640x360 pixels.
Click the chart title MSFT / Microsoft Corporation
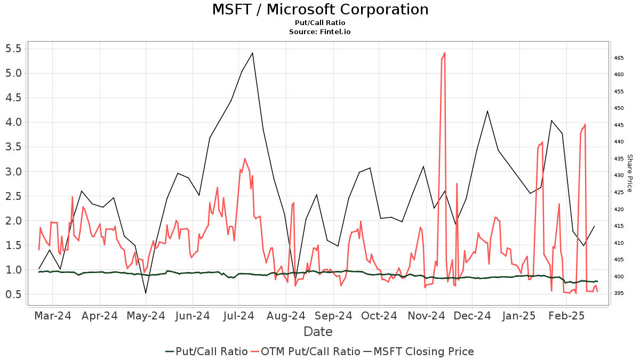click(320, 10)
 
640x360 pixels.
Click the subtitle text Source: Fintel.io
click(320, 32)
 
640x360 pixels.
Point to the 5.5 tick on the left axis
click(13, 49)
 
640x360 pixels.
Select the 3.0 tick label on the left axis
click(13, 171)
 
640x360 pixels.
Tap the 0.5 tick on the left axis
click(13, 294)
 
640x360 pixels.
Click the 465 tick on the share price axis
click(619, 58)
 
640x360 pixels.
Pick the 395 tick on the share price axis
click(619, 293)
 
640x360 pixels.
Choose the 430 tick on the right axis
click(619, 175)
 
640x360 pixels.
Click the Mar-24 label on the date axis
click(52, 316)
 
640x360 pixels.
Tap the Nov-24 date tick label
click(427, 316)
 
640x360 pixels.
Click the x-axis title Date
click(318, 332)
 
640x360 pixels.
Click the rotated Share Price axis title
click(629, 173)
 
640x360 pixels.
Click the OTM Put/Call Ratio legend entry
click(306, 351)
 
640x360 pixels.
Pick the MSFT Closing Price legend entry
click(419, 351)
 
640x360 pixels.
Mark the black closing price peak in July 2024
click(252, 53)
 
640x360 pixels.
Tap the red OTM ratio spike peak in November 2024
click(444, 53)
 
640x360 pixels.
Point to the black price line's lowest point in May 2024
click(146, 293)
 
